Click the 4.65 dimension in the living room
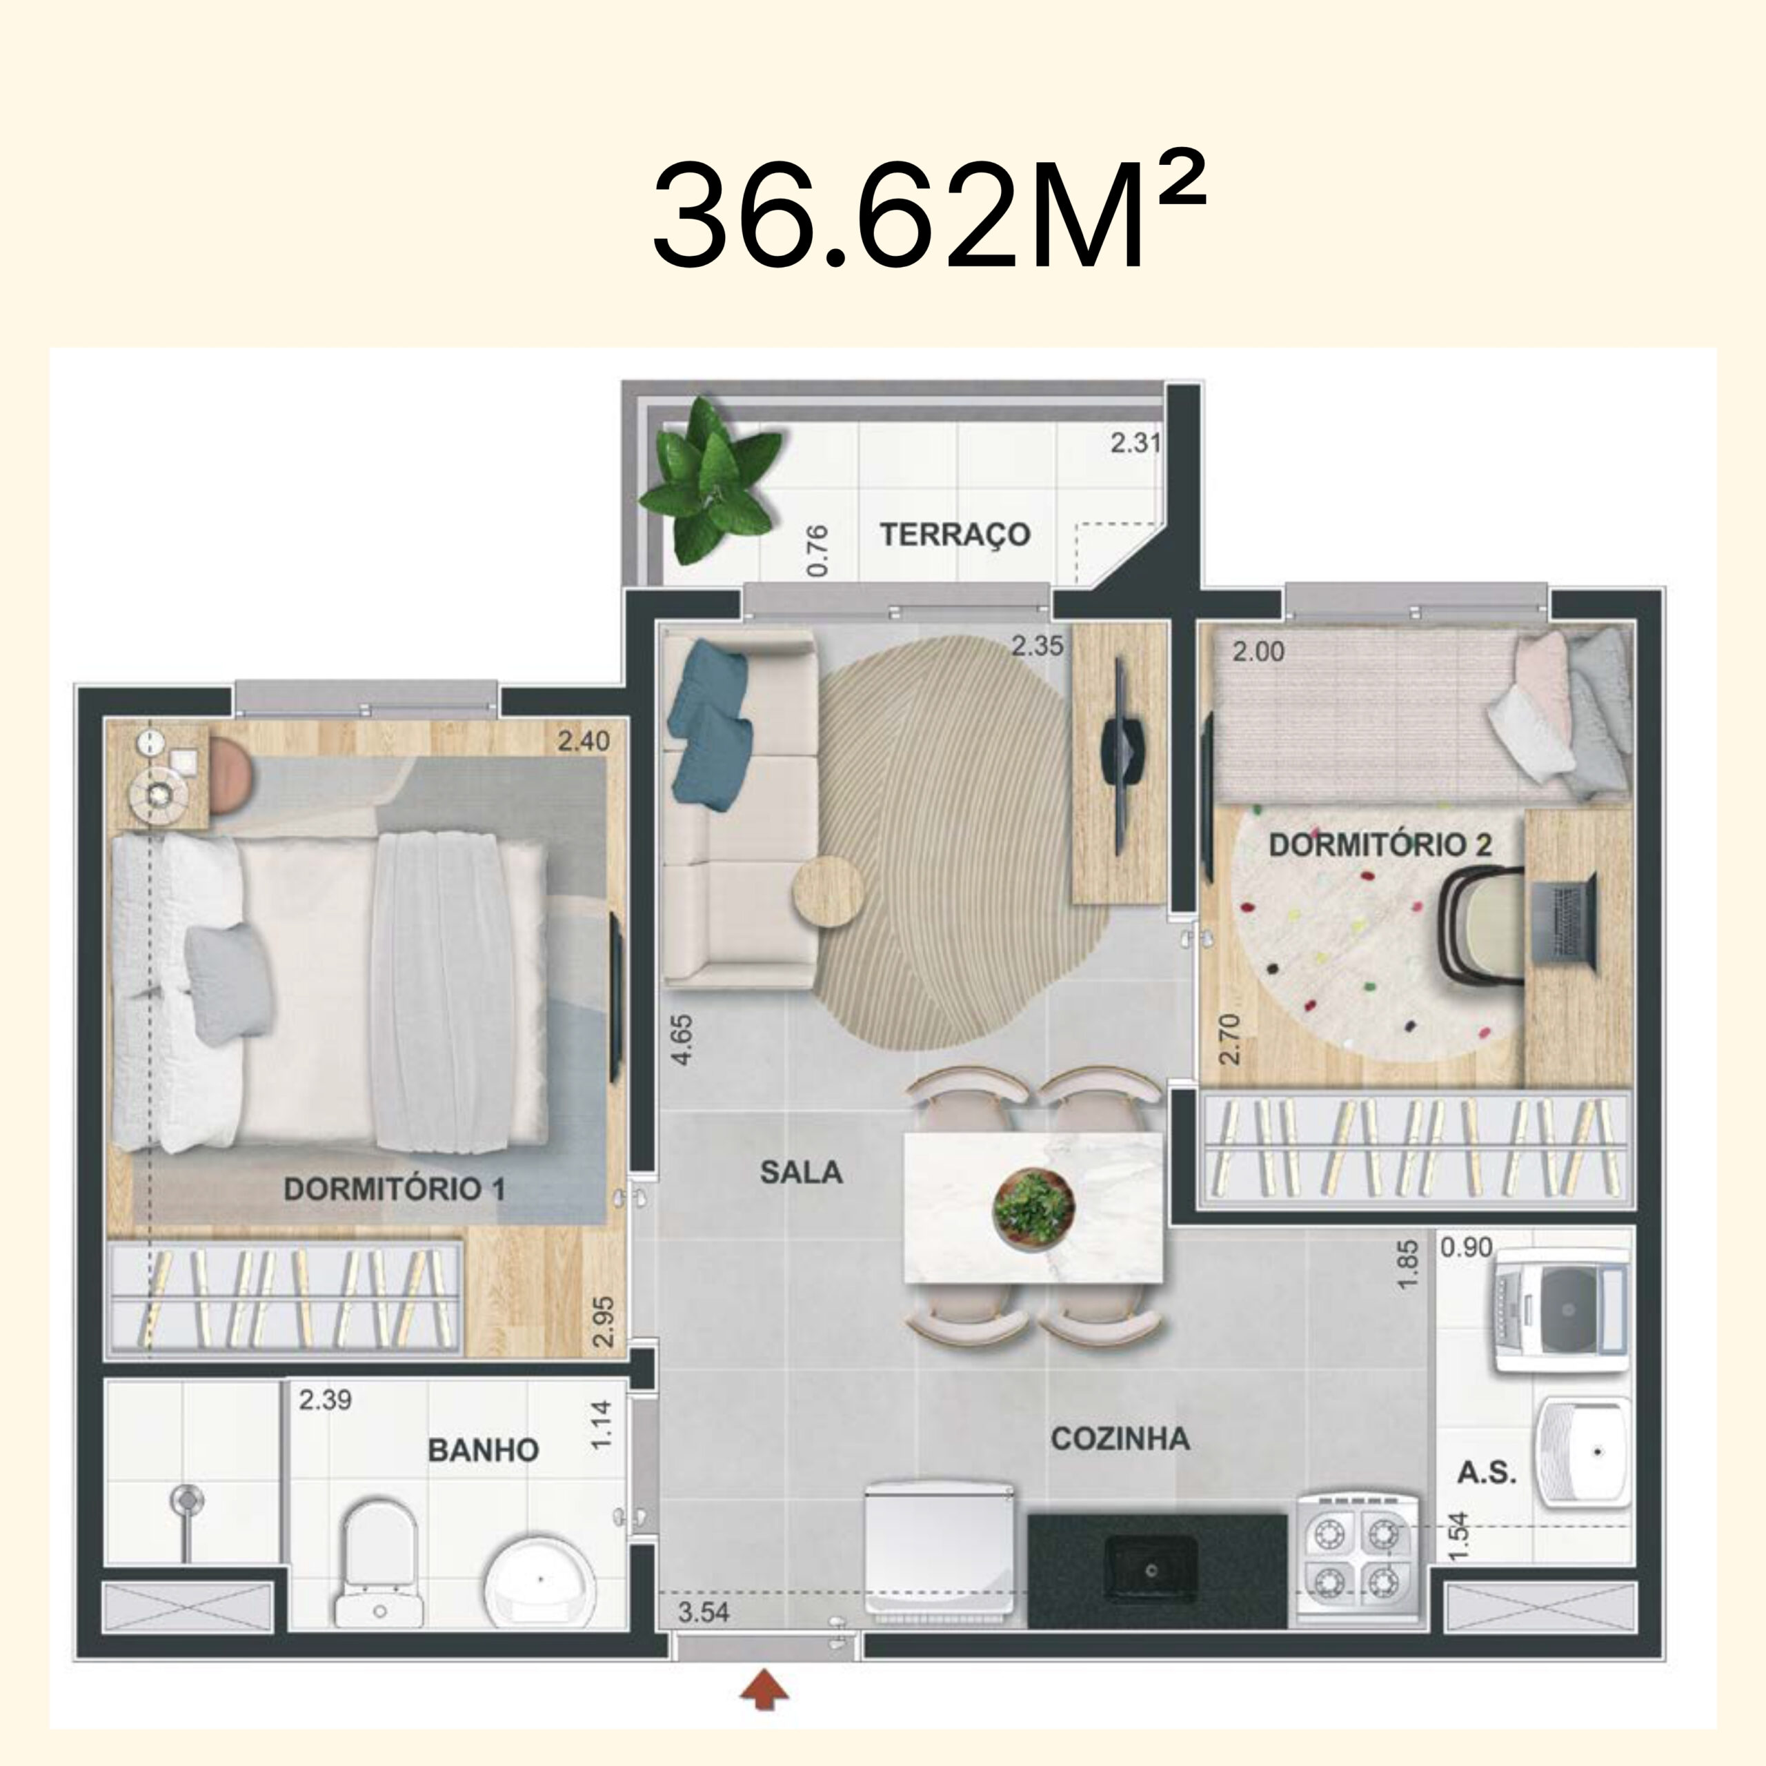pyautogui.click(x=681, y=1040)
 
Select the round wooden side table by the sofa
pyautogui.click(x=828, y=891)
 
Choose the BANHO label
pyautogui.click(x=483, y=1450)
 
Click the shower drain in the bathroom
pyautogui.click(x=186, y=1500)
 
